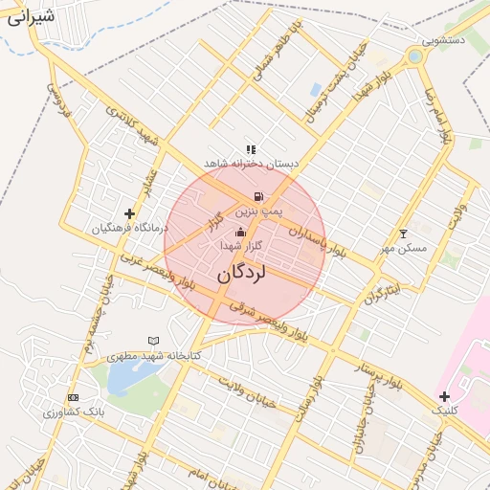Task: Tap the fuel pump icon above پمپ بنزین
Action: [x=258, y=196]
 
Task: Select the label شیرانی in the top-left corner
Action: [x=30, y=16]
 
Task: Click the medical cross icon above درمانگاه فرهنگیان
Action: [x=130, y=213]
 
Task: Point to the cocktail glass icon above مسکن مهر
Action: [x=403, y=234]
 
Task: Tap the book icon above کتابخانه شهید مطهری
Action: [x=153, y=341]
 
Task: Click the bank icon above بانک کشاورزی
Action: [x=74, y=397]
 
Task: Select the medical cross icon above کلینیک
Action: [x=445, y=396]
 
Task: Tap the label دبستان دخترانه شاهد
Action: [x=251, y=164]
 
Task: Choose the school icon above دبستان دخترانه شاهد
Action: [x=251, y=149]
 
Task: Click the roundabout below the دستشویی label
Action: [x=414, y=57]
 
